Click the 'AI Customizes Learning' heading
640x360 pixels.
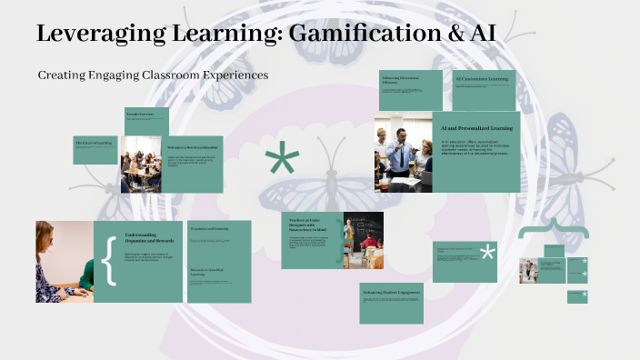point(482,79)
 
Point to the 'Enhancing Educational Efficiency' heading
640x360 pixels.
point(401,80)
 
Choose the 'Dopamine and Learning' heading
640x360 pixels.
point(210,228)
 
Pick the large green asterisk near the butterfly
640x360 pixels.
point(282,162)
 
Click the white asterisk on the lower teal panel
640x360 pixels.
point(488,253)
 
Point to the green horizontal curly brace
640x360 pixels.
point(552,231)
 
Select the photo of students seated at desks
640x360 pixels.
point(141,164)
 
